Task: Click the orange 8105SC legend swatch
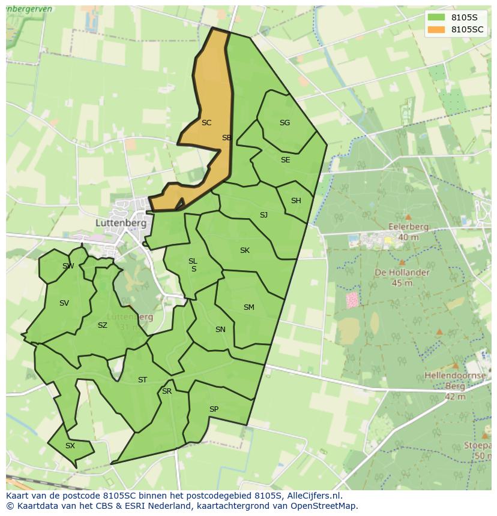click(436, 29)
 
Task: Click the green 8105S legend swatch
click(436, 17)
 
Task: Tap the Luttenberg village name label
click(121, 222)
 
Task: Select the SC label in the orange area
click(206, 123)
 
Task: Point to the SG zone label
click(285, 123)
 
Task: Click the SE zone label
click(285, 160)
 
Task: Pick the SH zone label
click(296, 201)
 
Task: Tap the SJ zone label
click(264, 215)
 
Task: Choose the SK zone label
click(244, 251)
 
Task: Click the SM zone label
click(248, 307)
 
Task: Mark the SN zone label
click(220, 330)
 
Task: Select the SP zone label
click(214, 409)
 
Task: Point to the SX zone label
click(70, 446)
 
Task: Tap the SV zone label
click(64, 303)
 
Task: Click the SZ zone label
click(102, 325)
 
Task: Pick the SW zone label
click(68, 266)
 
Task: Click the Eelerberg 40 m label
click(408, 232)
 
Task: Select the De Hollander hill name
click(402, 272)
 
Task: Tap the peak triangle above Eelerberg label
click(408, 217)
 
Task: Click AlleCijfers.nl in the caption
click(313, 496)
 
